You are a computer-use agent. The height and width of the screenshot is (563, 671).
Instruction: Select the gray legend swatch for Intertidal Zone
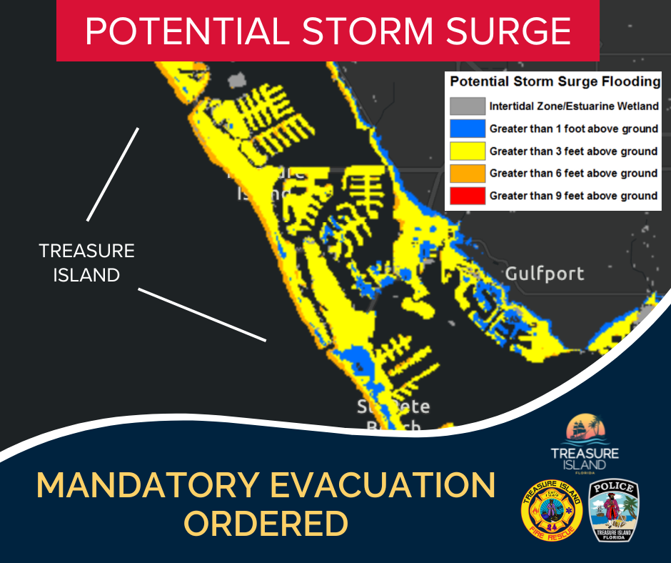pos(468,106)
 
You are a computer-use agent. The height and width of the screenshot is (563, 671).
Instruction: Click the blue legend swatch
pos(468,129)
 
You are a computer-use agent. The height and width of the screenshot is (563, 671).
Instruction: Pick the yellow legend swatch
pos(468,151)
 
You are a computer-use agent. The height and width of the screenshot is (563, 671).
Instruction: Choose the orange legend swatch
pos(468,173)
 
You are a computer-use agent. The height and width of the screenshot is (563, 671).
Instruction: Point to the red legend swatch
pos(468,195)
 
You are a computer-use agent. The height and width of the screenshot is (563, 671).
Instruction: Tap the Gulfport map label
pos(544,273)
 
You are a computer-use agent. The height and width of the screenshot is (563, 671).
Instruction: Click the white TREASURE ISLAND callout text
pos(86,262)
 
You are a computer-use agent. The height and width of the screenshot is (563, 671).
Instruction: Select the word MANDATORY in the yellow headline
pos(146,486)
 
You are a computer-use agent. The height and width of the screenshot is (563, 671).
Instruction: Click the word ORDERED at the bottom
pos(266,524)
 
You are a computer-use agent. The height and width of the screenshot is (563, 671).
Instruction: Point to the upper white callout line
pos(112,174)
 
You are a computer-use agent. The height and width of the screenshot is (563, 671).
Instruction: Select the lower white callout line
pos(202,315)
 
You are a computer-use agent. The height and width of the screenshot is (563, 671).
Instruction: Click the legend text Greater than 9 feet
pos(573,195)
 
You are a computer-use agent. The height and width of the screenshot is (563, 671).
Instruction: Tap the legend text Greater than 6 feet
pos(573,173)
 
